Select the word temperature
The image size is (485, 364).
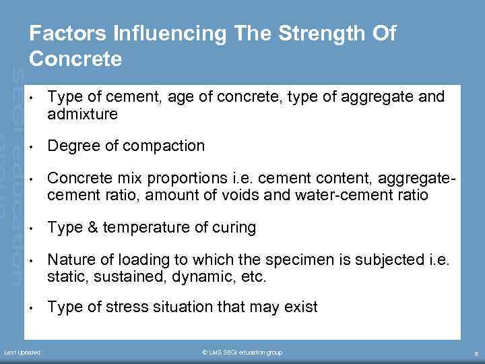click(x=142, y=227)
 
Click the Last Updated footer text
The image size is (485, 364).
click(x=24, y=353)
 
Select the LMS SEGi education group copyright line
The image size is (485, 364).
click(x=242, y=353)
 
